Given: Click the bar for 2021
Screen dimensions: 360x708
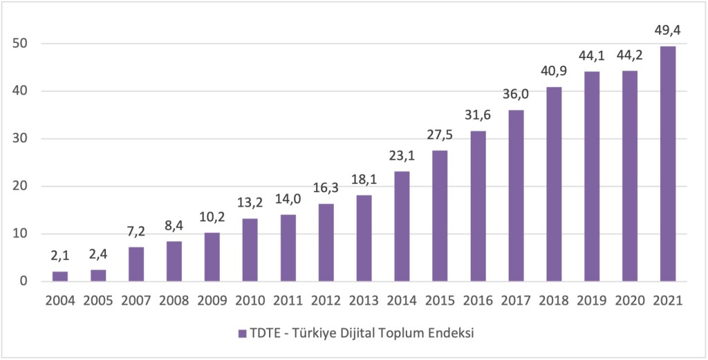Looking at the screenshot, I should [668, 164].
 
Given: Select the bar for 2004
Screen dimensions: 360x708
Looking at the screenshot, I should [60, 276].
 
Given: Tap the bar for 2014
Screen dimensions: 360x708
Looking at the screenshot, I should [402, 226].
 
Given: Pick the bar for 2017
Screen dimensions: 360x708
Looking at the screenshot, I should [516, 196].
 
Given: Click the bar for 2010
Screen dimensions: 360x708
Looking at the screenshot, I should [250, 249].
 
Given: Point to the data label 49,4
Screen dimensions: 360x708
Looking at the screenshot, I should [668, 32].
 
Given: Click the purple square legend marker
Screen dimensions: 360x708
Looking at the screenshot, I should [242, 333].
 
